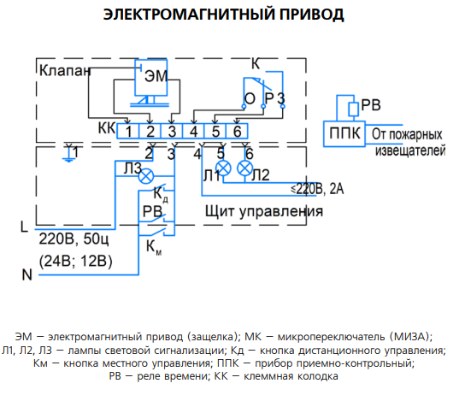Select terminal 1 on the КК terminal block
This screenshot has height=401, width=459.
[x=128, y=131]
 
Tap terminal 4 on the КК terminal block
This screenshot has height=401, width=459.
[x=193, y=131]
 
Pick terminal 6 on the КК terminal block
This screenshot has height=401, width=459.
[x=237, y=131]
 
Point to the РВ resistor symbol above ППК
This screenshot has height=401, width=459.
[x=353, y=109]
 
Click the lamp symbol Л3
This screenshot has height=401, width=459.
[x=145, y=176]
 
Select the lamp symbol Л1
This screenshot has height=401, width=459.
[x=223, y=168]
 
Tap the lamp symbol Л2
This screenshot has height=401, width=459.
[x=245, y=168]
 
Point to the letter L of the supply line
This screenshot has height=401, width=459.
[x=24, y=227]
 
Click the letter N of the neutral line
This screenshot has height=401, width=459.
[x=27, y=274]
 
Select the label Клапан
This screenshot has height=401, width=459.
[x=65, y=70]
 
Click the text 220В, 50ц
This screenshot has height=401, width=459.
[x=74, y=239]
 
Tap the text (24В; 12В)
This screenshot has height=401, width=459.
[x=75, y=261]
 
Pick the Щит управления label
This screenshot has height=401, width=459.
[x=264, y=211]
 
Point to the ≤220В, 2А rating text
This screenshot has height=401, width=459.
[x=317, y=189]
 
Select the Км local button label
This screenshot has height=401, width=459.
[x=154, y=247]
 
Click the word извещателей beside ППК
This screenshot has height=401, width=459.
[x=410, y=150]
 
